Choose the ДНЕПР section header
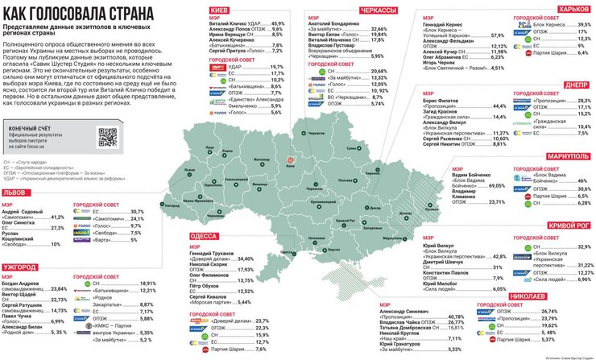579,85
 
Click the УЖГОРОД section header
19,265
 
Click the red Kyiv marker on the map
291,160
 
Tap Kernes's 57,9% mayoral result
497,36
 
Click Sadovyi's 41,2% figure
57,217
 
